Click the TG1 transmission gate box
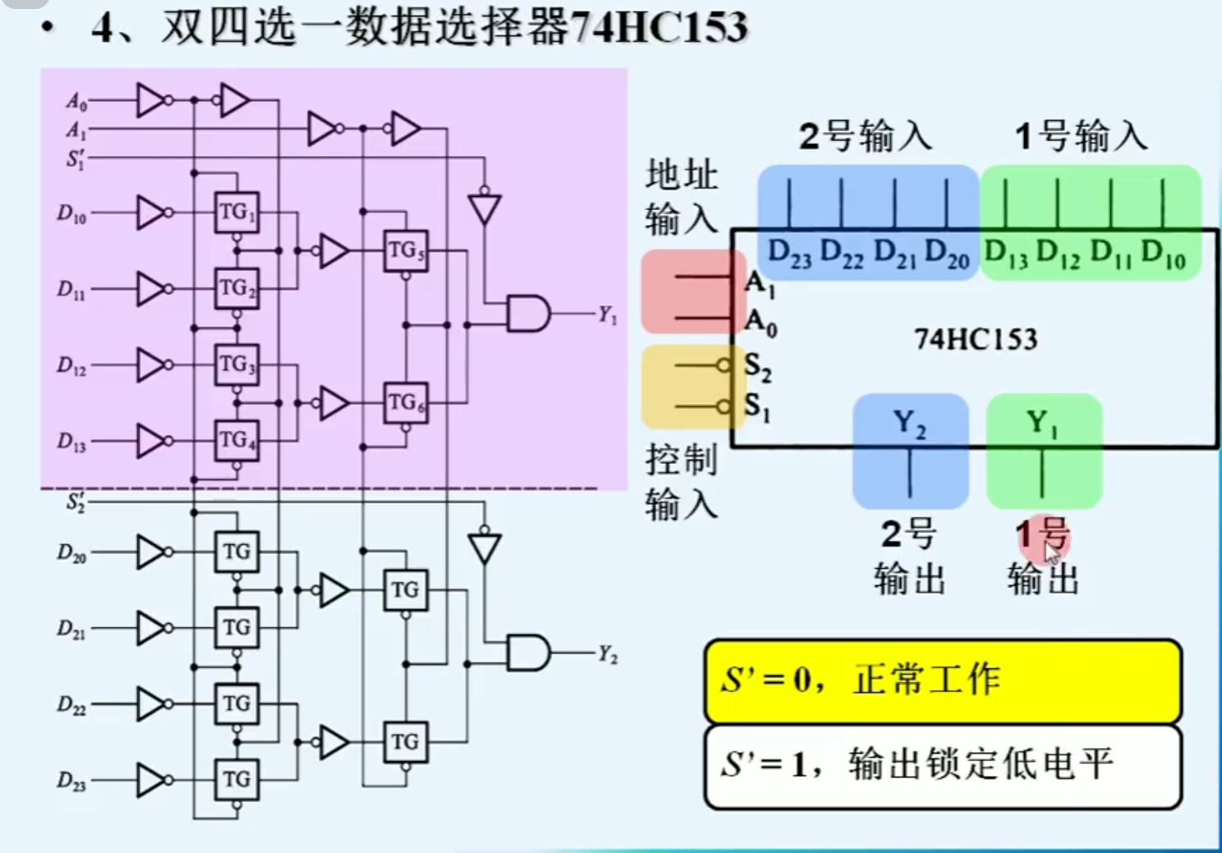coord(237,213)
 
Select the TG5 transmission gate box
coord(405,250)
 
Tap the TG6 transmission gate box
coord(405,402)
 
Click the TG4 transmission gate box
coord(237,440)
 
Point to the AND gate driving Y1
coord(527,314)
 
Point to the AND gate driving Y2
coord(527,654)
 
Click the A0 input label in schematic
coord(76,102)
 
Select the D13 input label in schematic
coord(71,442)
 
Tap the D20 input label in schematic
coord(71,553)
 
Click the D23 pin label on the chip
coord(789,254)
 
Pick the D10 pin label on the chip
coord(1163,254)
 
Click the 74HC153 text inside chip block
coord(976,338)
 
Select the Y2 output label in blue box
coord(909,424)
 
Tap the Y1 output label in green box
coord(1042,424)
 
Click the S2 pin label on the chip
coord(757,366)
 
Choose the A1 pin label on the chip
coord(760,283)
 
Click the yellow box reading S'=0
coord(943,681)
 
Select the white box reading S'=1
coord(943,765)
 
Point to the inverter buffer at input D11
coord(153,289)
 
